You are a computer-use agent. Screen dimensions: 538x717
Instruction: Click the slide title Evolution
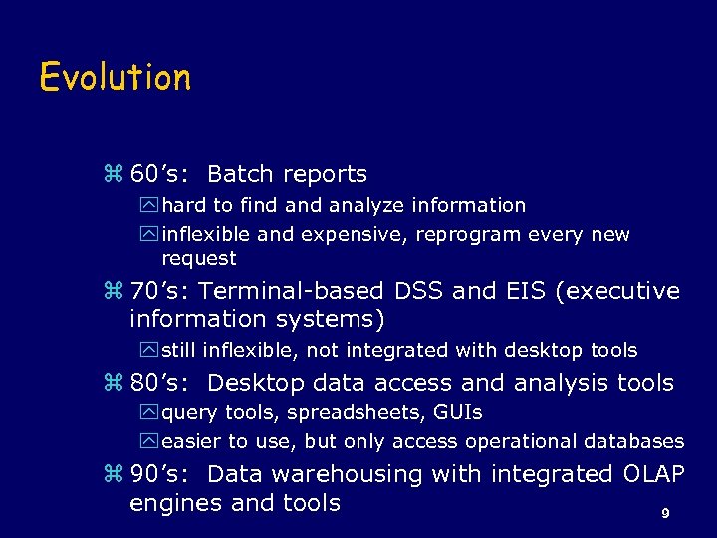coord(115,77)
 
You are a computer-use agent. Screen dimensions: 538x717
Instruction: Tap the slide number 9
coord(665,514)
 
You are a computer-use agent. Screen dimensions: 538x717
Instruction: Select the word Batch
coord(240,174)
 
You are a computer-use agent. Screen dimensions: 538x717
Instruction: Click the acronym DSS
coord(418,291)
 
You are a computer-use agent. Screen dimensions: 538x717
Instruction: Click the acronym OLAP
coord(653,474)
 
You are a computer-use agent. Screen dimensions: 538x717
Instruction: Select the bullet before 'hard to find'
coord(150,206)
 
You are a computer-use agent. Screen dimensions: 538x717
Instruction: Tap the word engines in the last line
coord(176,503)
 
